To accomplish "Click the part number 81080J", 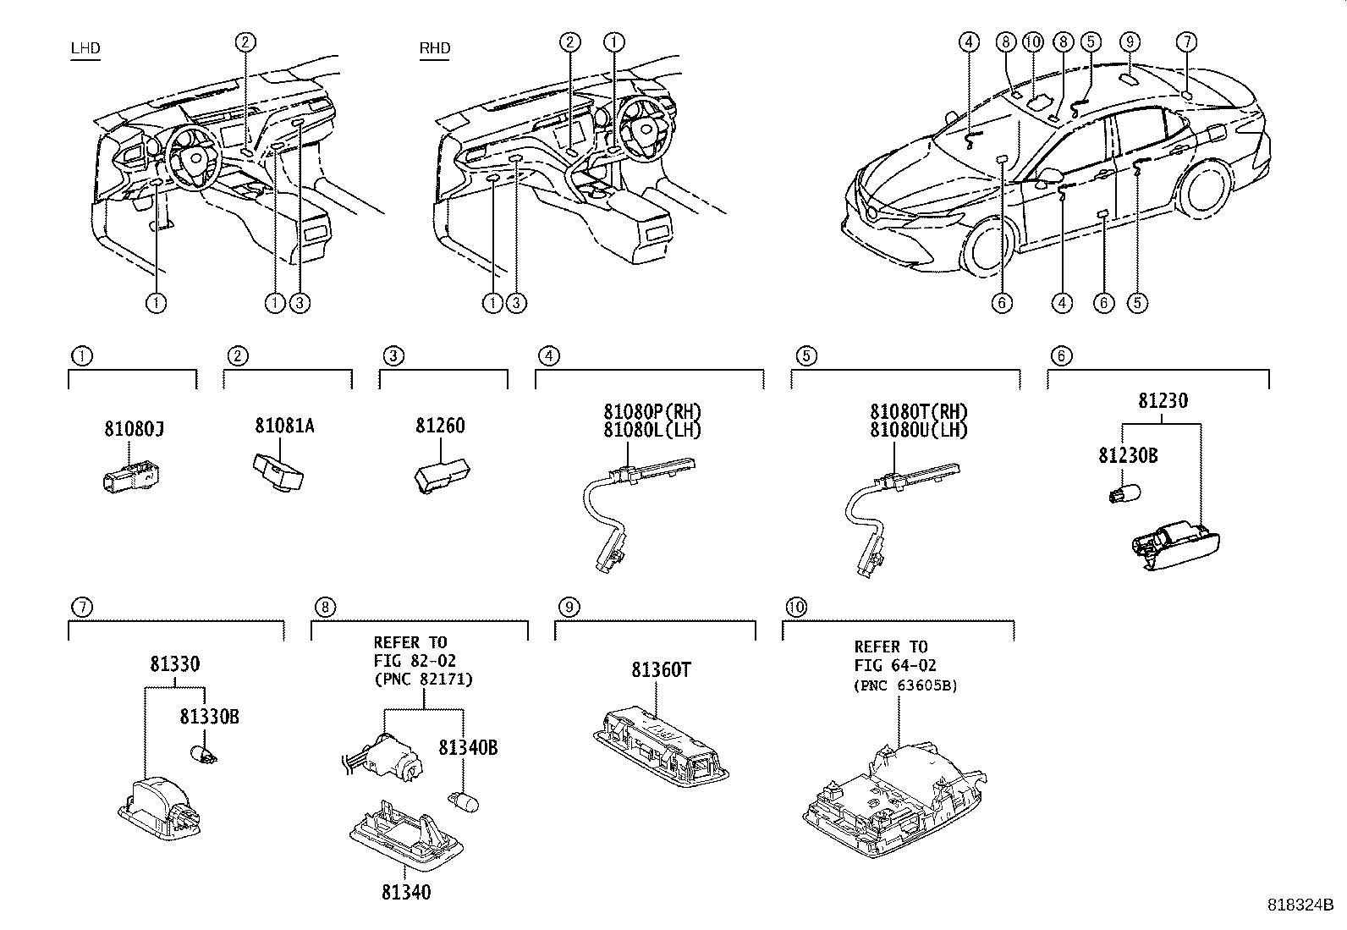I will tap(134, 430).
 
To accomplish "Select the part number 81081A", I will tap(284, 426).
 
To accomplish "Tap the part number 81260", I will tap(440, 426).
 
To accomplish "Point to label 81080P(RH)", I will tap(652, 412).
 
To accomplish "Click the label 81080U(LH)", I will tap(919, 430).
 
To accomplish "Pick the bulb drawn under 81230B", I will tap(1125, 492).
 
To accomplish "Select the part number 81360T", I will tap(661, 670).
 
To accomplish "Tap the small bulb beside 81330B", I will tap(205, 752).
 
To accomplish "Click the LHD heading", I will tap(85, 48).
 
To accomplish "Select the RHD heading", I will tap(435, 48).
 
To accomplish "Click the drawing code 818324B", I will tap(1299, 905).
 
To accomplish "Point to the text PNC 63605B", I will tap(905, 685).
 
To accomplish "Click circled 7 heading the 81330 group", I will tap(81, 607).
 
